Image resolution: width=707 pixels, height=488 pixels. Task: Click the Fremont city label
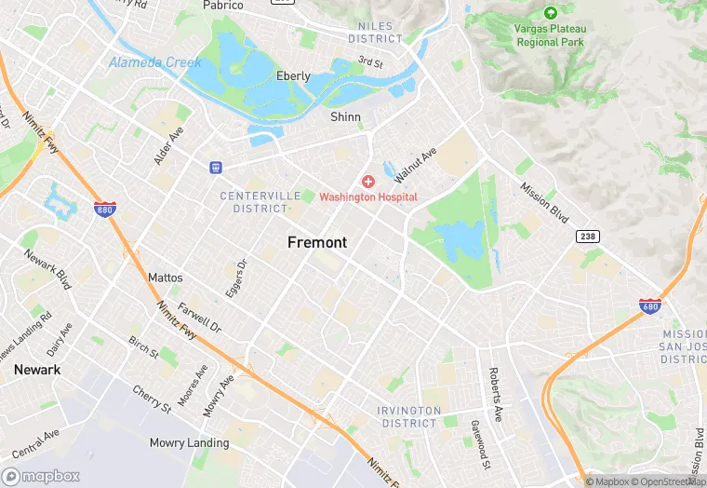317,242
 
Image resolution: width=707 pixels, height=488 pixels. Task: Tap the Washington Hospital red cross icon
368,181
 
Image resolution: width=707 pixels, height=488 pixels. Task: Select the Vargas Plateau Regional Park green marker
550,13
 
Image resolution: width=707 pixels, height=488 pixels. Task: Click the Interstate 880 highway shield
105,210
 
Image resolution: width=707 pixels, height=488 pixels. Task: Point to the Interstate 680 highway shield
651,305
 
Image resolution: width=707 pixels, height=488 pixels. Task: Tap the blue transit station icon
216,168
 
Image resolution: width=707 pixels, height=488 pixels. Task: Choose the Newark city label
37,370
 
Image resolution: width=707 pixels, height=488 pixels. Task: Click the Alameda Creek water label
155,62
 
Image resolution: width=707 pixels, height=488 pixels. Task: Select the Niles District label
376,33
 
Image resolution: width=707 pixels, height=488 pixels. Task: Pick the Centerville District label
260,202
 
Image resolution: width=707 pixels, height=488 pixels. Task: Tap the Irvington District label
408,416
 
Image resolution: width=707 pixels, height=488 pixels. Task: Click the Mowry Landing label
190,442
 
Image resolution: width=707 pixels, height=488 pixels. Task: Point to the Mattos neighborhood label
166,278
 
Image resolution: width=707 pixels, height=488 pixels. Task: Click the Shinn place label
346,117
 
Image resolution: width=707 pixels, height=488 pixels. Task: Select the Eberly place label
293,76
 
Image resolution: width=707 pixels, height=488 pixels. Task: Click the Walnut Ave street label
414,165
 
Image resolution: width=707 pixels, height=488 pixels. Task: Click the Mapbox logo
42,476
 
